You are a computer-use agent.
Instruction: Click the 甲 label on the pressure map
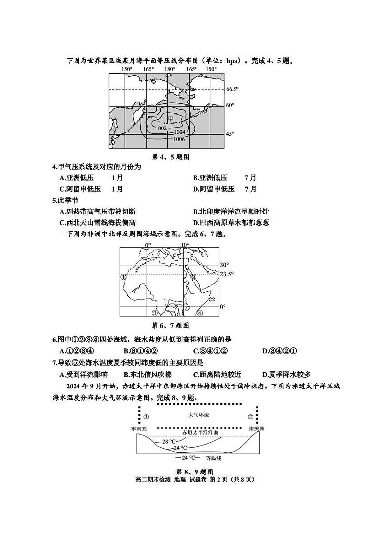170,119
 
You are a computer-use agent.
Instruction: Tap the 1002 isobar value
161,128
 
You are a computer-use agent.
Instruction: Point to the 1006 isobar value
179,139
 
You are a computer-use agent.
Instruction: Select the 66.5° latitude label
232,89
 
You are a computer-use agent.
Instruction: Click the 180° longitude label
170,69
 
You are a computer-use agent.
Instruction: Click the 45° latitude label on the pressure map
230,134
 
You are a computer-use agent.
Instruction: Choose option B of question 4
225,178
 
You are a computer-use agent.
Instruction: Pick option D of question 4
225,189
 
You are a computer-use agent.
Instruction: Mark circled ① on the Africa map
124,277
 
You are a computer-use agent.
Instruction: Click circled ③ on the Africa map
154,313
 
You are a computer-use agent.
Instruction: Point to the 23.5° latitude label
226,274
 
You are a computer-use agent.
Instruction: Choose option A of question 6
77,351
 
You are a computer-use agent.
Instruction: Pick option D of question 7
286,374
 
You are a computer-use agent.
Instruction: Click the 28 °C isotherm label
169,441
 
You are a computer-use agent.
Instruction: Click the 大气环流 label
199,415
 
